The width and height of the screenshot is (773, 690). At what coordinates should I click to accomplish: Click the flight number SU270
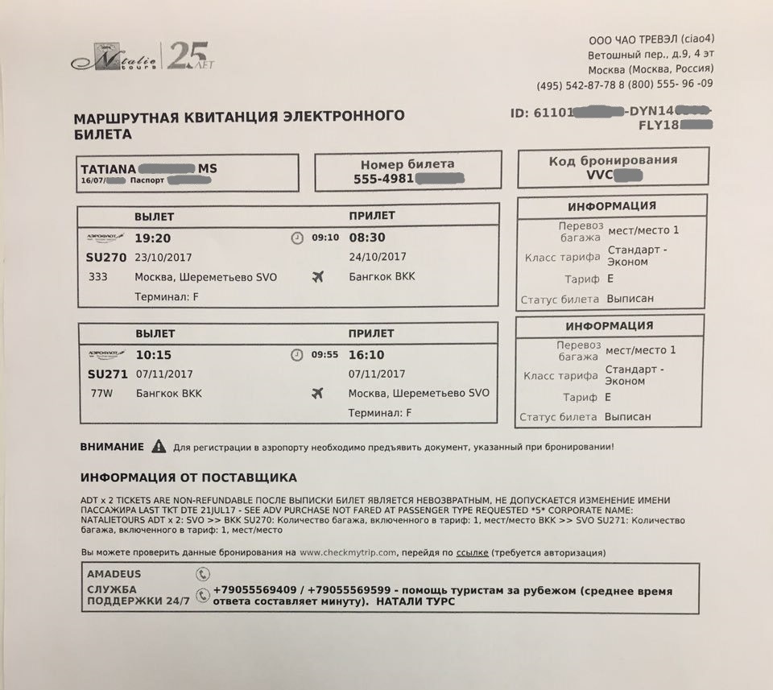[x=105, y=258]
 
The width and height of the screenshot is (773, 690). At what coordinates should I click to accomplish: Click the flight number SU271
[x=107, y=374]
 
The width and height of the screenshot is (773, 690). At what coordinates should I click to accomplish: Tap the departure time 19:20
[x=153, y=238]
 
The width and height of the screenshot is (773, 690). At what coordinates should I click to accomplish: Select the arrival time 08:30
[x=367, y=238]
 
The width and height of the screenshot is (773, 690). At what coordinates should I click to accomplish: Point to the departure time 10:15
[x=153, y=355]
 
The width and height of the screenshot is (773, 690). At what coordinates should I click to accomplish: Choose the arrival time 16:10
[x=366, y=354]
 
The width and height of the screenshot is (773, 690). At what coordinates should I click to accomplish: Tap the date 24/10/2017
[x=378, y=258]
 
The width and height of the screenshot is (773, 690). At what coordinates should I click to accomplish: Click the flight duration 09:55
[x=324, y=354]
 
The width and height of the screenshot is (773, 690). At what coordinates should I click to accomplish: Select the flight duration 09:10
[x=325, y=238]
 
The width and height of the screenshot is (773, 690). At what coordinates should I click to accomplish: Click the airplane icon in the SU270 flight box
[x=317, y=277]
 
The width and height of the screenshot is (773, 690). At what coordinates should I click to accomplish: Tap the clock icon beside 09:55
[x=297, y=355]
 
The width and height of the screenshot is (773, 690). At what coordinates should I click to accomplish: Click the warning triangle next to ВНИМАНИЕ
[x=159, y=445]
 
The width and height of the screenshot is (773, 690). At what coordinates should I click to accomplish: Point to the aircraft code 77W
[x=103, y=394]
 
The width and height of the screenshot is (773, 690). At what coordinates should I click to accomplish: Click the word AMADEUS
[x=114, y=574]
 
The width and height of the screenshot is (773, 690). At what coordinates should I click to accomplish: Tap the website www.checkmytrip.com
[x=349, y=553]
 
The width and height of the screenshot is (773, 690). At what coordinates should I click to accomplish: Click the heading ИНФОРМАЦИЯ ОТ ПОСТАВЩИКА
[x=188, y=477]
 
